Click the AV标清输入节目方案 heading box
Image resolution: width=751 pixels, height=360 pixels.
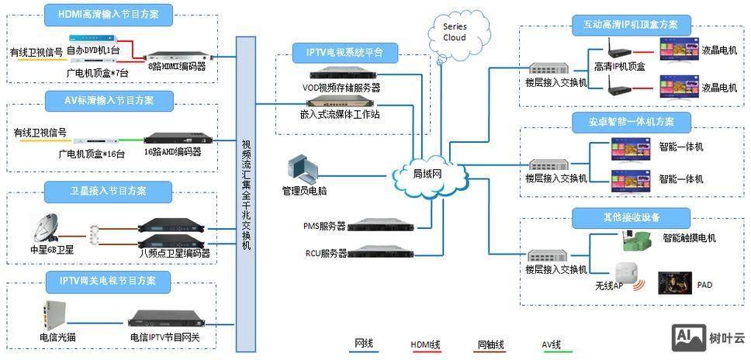click(x=109, y=100)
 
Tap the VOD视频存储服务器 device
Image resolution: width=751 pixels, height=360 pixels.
click(x=342, y=74)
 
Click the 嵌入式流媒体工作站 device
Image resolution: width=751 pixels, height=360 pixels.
click(x=342, y=101)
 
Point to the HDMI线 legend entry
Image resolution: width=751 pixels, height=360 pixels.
click(x=426, y=343)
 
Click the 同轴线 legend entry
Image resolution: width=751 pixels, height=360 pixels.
click(x=491, y=343)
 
